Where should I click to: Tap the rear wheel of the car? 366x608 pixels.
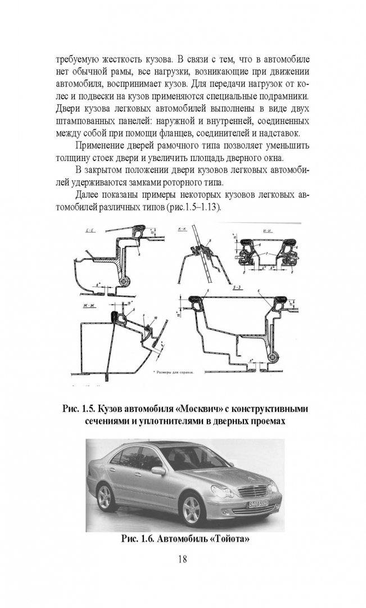point(105,496)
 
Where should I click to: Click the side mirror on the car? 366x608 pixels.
point(158,471)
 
